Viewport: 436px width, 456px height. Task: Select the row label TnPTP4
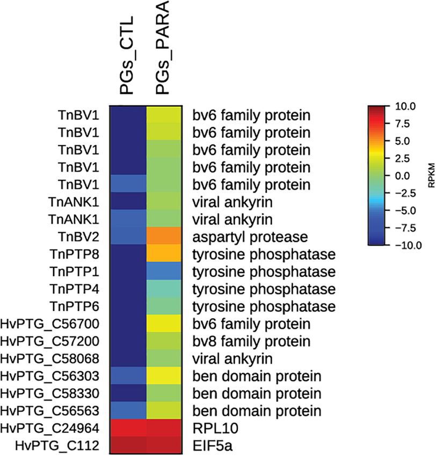click(x=81, y=289)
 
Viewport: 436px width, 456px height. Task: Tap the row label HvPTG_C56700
click(x=55, y=324)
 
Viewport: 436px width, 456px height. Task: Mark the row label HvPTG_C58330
click(x=55, y=394)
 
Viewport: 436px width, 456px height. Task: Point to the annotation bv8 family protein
click(x=252, y=341)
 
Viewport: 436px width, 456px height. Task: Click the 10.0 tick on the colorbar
click(x=405, y=107)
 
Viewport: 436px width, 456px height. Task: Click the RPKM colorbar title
click(x=431, y=175)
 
